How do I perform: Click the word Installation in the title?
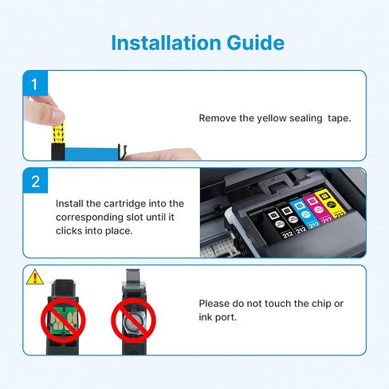pyautogui.click(x=167, y=42)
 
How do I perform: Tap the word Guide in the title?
pyautogui.click(x=256, y=42)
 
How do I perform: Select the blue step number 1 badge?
pyautogui.click(x=35, y=84)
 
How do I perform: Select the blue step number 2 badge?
pyautogui.click(x=35, y=181)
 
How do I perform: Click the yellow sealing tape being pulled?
pyautogui.click(x=58, y=133)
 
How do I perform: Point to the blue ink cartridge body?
pyautogui.click(x=92, y=155)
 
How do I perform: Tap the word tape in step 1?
pyautogui.click(x=339, y=118)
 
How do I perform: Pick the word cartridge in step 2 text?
pyautogui.click(x=125, y=204)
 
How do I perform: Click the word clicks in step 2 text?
pyautogui.click(x=69, y=230)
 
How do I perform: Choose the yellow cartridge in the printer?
pyautogui.click(x=331, y=203)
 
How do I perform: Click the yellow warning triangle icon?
pyautogui.click(x=35, y=277)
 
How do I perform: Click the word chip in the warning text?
pyautogui.click(x=321, y=304)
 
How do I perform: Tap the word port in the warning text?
pyautogui.click(x=226, y=317)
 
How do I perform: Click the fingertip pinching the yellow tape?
pyautogui.click(x=57, y=116)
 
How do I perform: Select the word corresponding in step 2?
pyautogui.click(x=89, y=218)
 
